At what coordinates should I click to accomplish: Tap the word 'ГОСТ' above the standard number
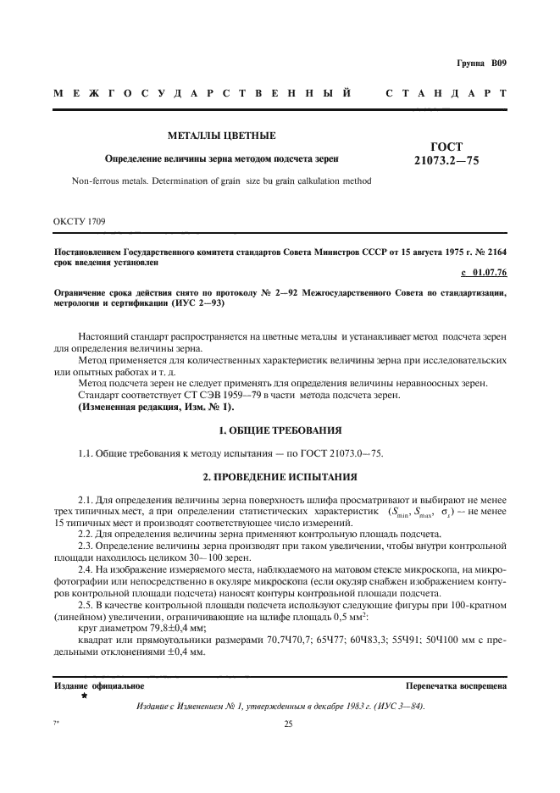click(446, 146)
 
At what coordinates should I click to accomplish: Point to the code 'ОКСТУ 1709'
click(80, 222)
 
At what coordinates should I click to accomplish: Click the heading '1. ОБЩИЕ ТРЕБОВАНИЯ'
click(280, 430)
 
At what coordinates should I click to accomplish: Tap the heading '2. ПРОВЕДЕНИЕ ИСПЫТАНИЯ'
click(280, 476)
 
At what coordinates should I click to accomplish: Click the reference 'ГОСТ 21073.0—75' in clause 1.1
click(343, 453)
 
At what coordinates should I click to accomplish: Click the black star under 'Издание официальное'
click(84, 695)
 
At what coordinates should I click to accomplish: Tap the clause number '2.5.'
click(88, 609)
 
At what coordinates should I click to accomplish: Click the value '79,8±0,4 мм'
click(161, 631)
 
